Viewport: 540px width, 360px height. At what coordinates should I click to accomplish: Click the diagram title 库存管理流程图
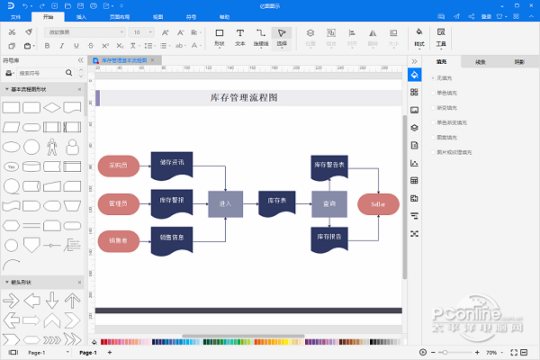[x=244, y=97]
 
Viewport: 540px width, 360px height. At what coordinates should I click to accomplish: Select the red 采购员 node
[x=118, y=166]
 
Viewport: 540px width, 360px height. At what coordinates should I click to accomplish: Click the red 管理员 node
[x=118, y=203]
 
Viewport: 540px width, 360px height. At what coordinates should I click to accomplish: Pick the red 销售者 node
[x=118, y=240]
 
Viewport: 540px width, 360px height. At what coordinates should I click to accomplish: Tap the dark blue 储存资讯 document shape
[x=171, y=164]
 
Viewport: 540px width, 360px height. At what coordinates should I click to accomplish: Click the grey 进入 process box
[x=225, y=204]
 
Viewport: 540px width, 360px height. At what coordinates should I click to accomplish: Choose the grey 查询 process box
[x=329, y=204]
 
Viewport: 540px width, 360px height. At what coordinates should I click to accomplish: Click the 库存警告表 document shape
[x=329, y=166]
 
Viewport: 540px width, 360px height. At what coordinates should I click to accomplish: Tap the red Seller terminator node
[x=378, y=204]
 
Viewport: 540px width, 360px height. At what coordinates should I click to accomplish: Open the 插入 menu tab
[x=82, y=16]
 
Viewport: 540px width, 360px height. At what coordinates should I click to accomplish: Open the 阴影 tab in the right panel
[x=519, y=61]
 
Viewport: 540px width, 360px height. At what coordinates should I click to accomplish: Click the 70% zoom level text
[x=491, y=352]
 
